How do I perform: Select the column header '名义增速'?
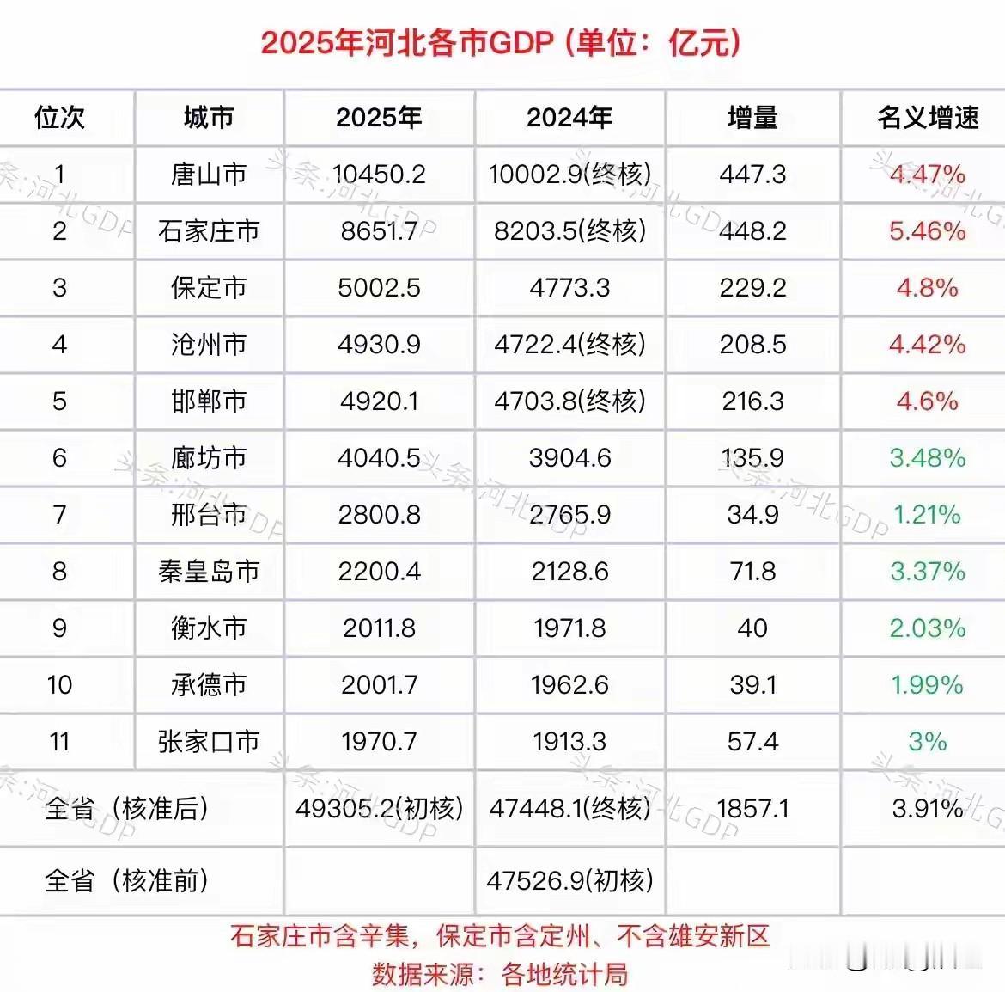pyautogui.click(x=928, y=117)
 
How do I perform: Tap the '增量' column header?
pyautogui.click(x=752, y=117)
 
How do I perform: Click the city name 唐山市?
pyautogui.click(x=209, y=175)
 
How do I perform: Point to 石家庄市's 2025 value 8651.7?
pyautogui.click(x=380, y=231)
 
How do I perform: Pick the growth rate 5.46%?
pyautogui.click(x=928, y=231)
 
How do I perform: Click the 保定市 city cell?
pyautogui.click(x=209, y=288)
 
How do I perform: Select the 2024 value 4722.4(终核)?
pyautogui.click(x=570, y=345)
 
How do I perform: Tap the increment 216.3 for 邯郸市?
pyautogui.click(x=752, y=401)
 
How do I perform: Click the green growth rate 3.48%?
pyautogui.click(x=928, y=458)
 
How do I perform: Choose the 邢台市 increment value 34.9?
pyautogui.click(x=752, y=515)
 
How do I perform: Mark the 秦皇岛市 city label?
pyautogui.click(x=209, y=572)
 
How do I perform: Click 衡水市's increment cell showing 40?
pyautogui.click(x=752, y=628)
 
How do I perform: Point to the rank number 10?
pyautogui.click(x=59, y=685)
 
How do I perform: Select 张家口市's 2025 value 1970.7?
pyautogui.click(x=380, y=742)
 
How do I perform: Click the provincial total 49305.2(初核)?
pyautogui.click(x=380, y=808)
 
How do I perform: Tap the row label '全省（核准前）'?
pyautogui.click(x=127, y=880)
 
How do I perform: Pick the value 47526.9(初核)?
pyautogui.click(x=570, y=880)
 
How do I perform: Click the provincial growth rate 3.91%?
pyautogui.click(x=928, y=808)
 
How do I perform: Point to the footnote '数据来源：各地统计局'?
pyautogui.click(x=500, y=974)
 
